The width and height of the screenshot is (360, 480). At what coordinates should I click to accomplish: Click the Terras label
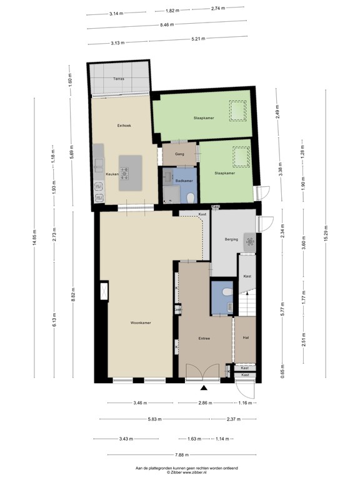click(x=118, y=79)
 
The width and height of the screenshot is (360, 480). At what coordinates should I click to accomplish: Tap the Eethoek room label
click(x=124, y=126)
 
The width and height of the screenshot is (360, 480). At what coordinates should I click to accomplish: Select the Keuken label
click(x=112, y=174)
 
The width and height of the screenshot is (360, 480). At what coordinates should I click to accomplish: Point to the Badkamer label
click(x=183, y=181)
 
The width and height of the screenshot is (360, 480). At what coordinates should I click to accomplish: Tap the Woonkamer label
click(x=141, y=323)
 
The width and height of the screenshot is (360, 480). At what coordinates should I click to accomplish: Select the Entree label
click(x=204, y=339)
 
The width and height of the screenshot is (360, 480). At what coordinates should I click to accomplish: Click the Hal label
click(x=246, y=338)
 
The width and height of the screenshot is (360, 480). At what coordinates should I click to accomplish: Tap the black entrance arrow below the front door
click(x=202, y=387)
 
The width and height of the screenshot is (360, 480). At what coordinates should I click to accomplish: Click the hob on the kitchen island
click(x=126, y=169)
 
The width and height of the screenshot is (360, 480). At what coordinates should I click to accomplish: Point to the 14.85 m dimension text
click(x=35, y=239)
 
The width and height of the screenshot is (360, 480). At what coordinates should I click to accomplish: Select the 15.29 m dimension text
click(x=325, y=239)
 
